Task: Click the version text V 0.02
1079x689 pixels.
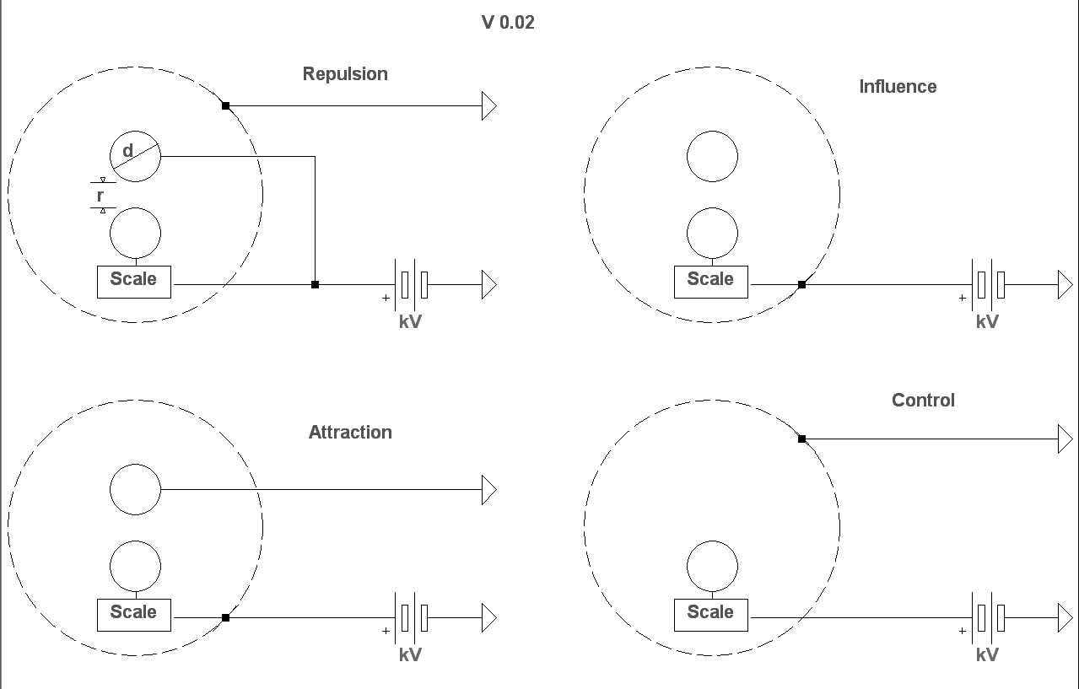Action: [x=508, y=23]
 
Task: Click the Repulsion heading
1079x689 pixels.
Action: [x=345, y=74]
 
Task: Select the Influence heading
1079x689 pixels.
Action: [x=898, y=87]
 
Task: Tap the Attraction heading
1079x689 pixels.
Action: [x=350, y=433]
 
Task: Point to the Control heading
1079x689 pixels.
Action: [x=923, y=401]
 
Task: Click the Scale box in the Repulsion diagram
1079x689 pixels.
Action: [x=133, y=281]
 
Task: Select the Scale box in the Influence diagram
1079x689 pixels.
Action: [x=710, y=281]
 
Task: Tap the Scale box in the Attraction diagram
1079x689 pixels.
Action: [x=133, y=614]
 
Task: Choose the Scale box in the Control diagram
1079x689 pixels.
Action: [x=710, y=614]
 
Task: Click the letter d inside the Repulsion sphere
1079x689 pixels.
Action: [x=127, y=151]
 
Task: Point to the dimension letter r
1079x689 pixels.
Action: [x=100, y=196]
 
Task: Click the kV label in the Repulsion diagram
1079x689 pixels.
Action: [x=410, y=321]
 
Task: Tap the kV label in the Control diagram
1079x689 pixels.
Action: [x=987, y=654]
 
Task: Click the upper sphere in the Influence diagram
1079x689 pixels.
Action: [x=712, y=156]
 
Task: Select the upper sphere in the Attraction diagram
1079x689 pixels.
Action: [x=135, y=489]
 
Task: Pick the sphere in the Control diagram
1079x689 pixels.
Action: [x=712, y=567]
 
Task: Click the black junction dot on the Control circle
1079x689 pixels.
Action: [x=801, y=439]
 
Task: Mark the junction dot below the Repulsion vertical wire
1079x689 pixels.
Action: [x=315, y=284]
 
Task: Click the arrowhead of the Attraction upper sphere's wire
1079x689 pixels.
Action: [x=489, y=489]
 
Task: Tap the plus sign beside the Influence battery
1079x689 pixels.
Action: [x=962, y=298]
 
